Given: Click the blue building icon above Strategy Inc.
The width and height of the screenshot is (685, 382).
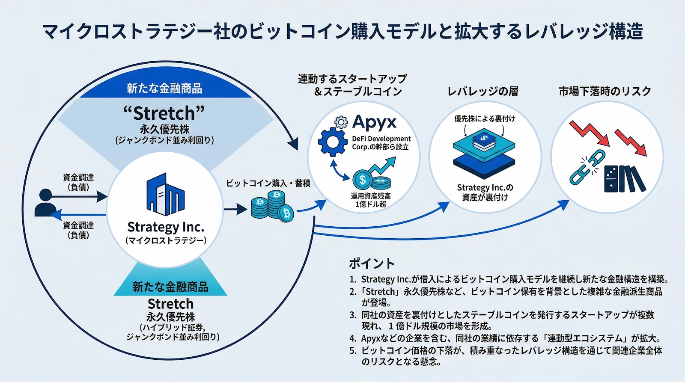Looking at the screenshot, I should pyautogui.click(x=165, y=194).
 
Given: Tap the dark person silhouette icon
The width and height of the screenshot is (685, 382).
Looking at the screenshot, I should pyautogui.click(x=45, y=203).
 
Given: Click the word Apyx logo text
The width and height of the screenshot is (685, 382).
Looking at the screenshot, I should pyautogui.click(x=374, y=123).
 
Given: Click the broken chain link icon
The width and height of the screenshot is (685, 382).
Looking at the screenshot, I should pyautogui.click(x=587, y=168).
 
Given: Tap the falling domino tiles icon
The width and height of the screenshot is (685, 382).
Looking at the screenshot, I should pyautogui.click(x=624, y=178).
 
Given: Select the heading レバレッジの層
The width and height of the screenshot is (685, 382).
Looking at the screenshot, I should pyautogui.click(x=482, y=91).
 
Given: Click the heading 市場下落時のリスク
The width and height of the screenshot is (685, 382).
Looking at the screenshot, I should pyautogui.click(x=605, y=91).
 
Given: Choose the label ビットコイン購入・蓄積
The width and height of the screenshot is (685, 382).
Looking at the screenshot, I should pyautogui.click(x=268, y=183).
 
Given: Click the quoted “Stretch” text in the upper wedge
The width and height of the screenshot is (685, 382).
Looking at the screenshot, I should pyautogui.click(x=164, y=113).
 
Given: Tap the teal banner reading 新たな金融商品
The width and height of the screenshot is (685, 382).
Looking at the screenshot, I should pyautogui.click(x=170, y=287).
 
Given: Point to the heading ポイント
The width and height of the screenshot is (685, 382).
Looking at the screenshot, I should pyautogui.click(x=371, y=263).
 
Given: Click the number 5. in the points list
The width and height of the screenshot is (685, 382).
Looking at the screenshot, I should pyautogui.click(x=352, y=351).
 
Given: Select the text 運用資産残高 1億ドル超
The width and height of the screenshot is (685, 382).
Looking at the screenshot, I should pyautogui.click(x=371, y=200).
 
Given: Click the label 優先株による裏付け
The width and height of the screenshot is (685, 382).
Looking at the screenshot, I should pyautogui.click(x=485, y=118).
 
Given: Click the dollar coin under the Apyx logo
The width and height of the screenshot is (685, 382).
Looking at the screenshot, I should pyautogui.click(x=363, y=179).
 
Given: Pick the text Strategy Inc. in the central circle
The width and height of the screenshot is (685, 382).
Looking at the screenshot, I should pyautogui.click(x=166, y=226).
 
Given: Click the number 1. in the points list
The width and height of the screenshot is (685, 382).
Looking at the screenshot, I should pyautogui.click(x=352, y=279).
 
